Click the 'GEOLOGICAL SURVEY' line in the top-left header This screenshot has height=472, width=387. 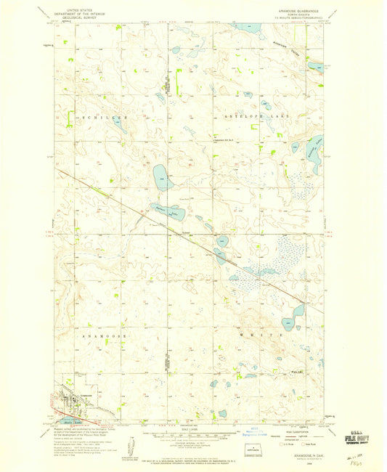77,22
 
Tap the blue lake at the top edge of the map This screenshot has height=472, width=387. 244,28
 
